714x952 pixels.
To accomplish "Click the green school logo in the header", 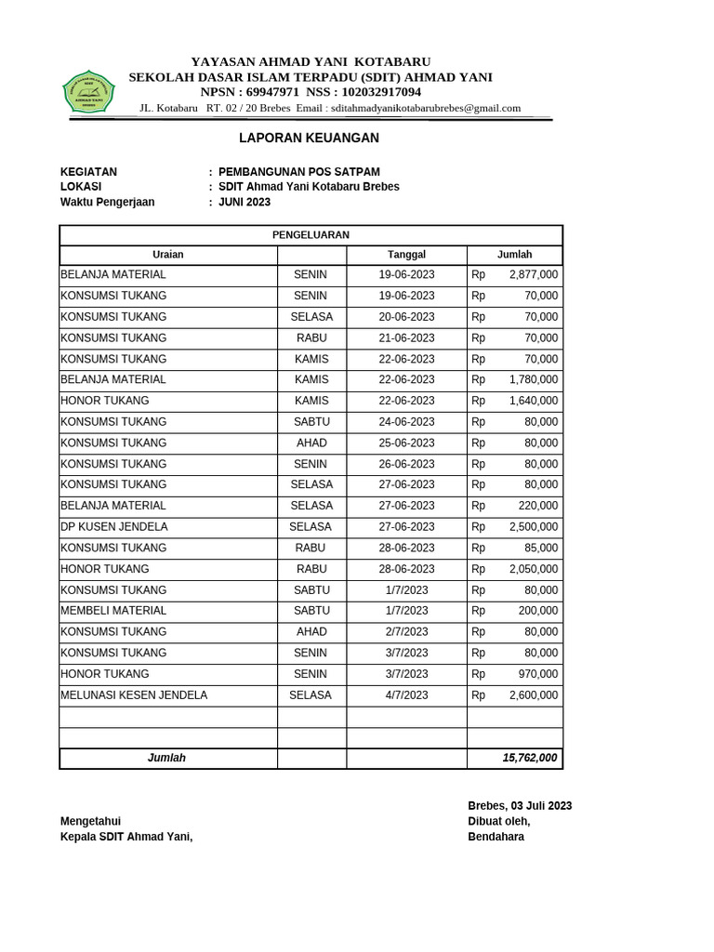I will (x=88, y=92).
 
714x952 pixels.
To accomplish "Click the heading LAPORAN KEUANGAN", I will (x=309, y=139).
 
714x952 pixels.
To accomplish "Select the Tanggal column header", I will (x=406, y=255).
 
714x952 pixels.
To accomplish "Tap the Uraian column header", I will (x=168, y=255).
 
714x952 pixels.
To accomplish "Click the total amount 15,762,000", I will (x=529, y=759).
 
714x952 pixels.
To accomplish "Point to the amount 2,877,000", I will (x=533, y=275).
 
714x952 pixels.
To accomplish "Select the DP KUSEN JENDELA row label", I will (x=114, y=527).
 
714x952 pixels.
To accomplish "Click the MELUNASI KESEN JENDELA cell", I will (x=134, y=695).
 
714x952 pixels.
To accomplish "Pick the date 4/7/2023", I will (x=406, y=695).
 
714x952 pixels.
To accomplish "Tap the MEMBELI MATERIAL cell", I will (x=113, y=611).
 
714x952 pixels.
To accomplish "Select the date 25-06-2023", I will (x=406, y=443).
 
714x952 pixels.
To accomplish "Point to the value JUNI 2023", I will (x=245, y=202).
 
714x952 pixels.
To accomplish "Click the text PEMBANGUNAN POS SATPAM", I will (x=298, y=172).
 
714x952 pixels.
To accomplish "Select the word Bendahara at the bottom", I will (x=496, y=837).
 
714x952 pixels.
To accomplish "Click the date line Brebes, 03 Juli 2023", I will (x=520, y=806).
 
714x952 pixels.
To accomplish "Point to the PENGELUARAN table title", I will (x=311, y=235).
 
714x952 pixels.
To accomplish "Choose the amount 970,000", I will (x=537, y=674).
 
